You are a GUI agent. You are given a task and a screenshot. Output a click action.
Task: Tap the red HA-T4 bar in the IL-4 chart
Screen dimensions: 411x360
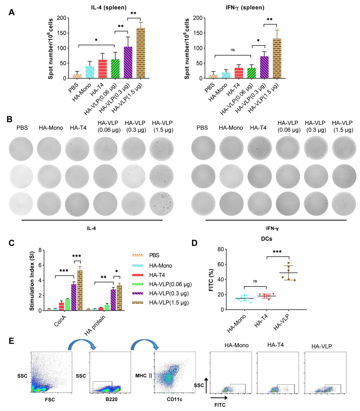pos(102,69)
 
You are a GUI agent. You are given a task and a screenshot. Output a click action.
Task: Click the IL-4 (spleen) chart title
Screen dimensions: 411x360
pos(107,8)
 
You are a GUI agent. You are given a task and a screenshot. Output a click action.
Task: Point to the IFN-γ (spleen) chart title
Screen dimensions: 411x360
pos(244,8)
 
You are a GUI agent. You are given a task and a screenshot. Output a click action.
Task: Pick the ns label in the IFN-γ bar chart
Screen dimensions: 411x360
pos(233,50)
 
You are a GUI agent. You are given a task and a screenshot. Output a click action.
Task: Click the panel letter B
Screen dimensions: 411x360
pos(9,119)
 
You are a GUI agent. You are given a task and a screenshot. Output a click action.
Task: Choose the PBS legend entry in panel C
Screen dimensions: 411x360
pos(154,255)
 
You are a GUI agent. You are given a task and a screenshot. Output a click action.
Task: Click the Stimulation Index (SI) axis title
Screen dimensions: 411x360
pos(32,280)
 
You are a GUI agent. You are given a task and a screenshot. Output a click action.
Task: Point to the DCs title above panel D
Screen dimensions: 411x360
pos(266,239)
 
